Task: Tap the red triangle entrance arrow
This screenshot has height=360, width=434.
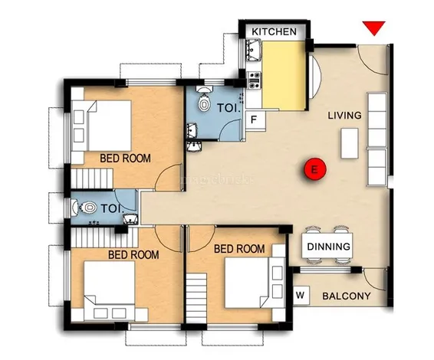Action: coord(373,29)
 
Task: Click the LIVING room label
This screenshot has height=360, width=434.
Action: coord(344,116)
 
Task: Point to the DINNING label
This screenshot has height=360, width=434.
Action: coord(328,247)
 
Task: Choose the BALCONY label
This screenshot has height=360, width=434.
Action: coord(346,296)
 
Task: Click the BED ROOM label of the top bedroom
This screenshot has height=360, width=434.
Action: coord(125,159)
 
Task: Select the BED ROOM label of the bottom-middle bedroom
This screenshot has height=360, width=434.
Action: coord(238,249)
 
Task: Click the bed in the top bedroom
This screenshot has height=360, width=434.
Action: coord(108,126)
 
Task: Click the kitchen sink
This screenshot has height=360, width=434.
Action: coord(254,52)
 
